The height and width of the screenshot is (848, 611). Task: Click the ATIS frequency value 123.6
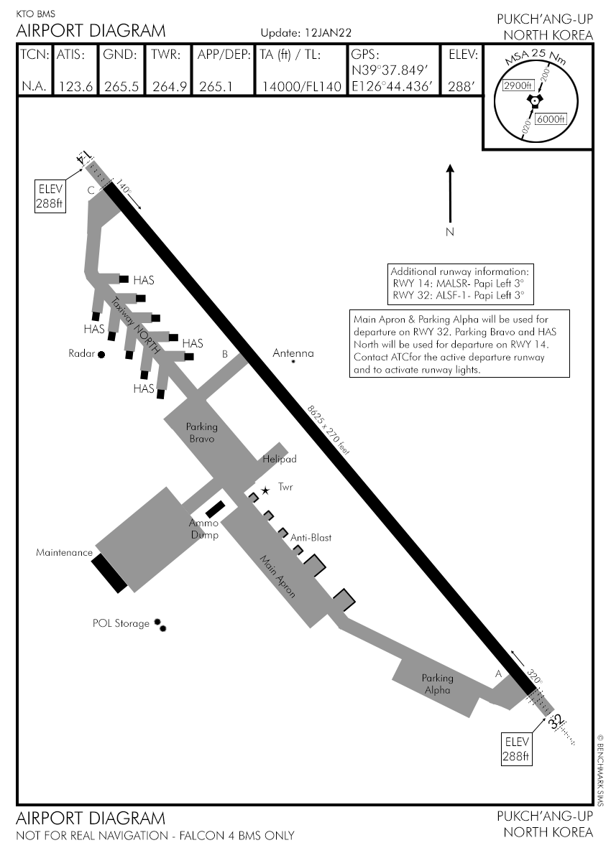tap(75, 86)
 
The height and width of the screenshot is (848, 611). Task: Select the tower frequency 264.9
tap(170, 86)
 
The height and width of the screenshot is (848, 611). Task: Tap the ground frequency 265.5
tap(121, 86)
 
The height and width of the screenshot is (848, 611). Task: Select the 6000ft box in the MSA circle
tap(552, 119)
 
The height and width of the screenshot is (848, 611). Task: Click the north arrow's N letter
tap(450, 232)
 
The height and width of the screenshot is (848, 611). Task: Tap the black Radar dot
tap(101, 354)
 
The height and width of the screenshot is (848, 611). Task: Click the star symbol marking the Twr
tap(265, 490)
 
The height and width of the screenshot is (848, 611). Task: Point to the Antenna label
tap(293, 353)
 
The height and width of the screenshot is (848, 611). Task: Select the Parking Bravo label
tap(202, 433)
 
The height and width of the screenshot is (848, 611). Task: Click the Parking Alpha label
tap(437, 684)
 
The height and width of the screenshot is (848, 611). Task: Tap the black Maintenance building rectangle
tap(109, 573)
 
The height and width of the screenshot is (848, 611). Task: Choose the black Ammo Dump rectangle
tap(214, 509)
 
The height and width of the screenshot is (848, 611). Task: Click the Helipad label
tap(280, 459)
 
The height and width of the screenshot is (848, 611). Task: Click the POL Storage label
tap(121, 623)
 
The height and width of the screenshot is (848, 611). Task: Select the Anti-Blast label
tap(311, 537)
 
